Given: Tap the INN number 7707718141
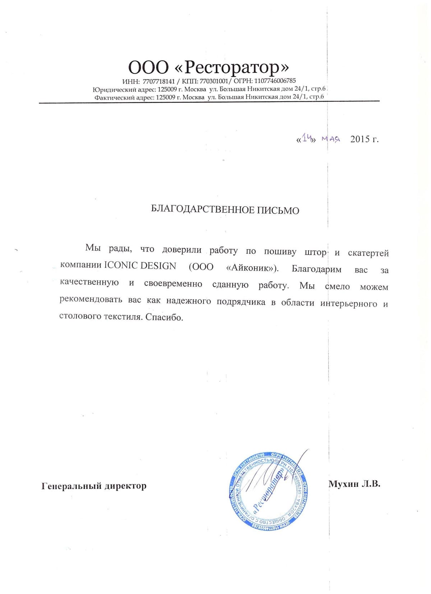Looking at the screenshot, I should (x=158, y=81).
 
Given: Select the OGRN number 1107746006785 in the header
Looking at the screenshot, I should (x=275, y=81).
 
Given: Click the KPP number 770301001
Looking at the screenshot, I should (x=214, y=81).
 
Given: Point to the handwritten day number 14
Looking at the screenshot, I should (x=306, y=138).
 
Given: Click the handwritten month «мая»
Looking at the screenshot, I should (x=330, y=139).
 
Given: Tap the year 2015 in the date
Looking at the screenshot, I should (x=360, y=139).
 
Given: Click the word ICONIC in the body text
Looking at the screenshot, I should (x=121, y=265).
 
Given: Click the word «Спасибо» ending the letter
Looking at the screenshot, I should (x=164, y=317).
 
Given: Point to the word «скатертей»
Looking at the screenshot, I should (x=368, y=253).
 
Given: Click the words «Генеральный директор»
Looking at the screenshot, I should (x=94, y=486).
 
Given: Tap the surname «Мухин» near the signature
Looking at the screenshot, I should (x=343, y=484).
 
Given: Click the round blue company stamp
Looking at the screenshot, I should (x=269, y=491).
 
